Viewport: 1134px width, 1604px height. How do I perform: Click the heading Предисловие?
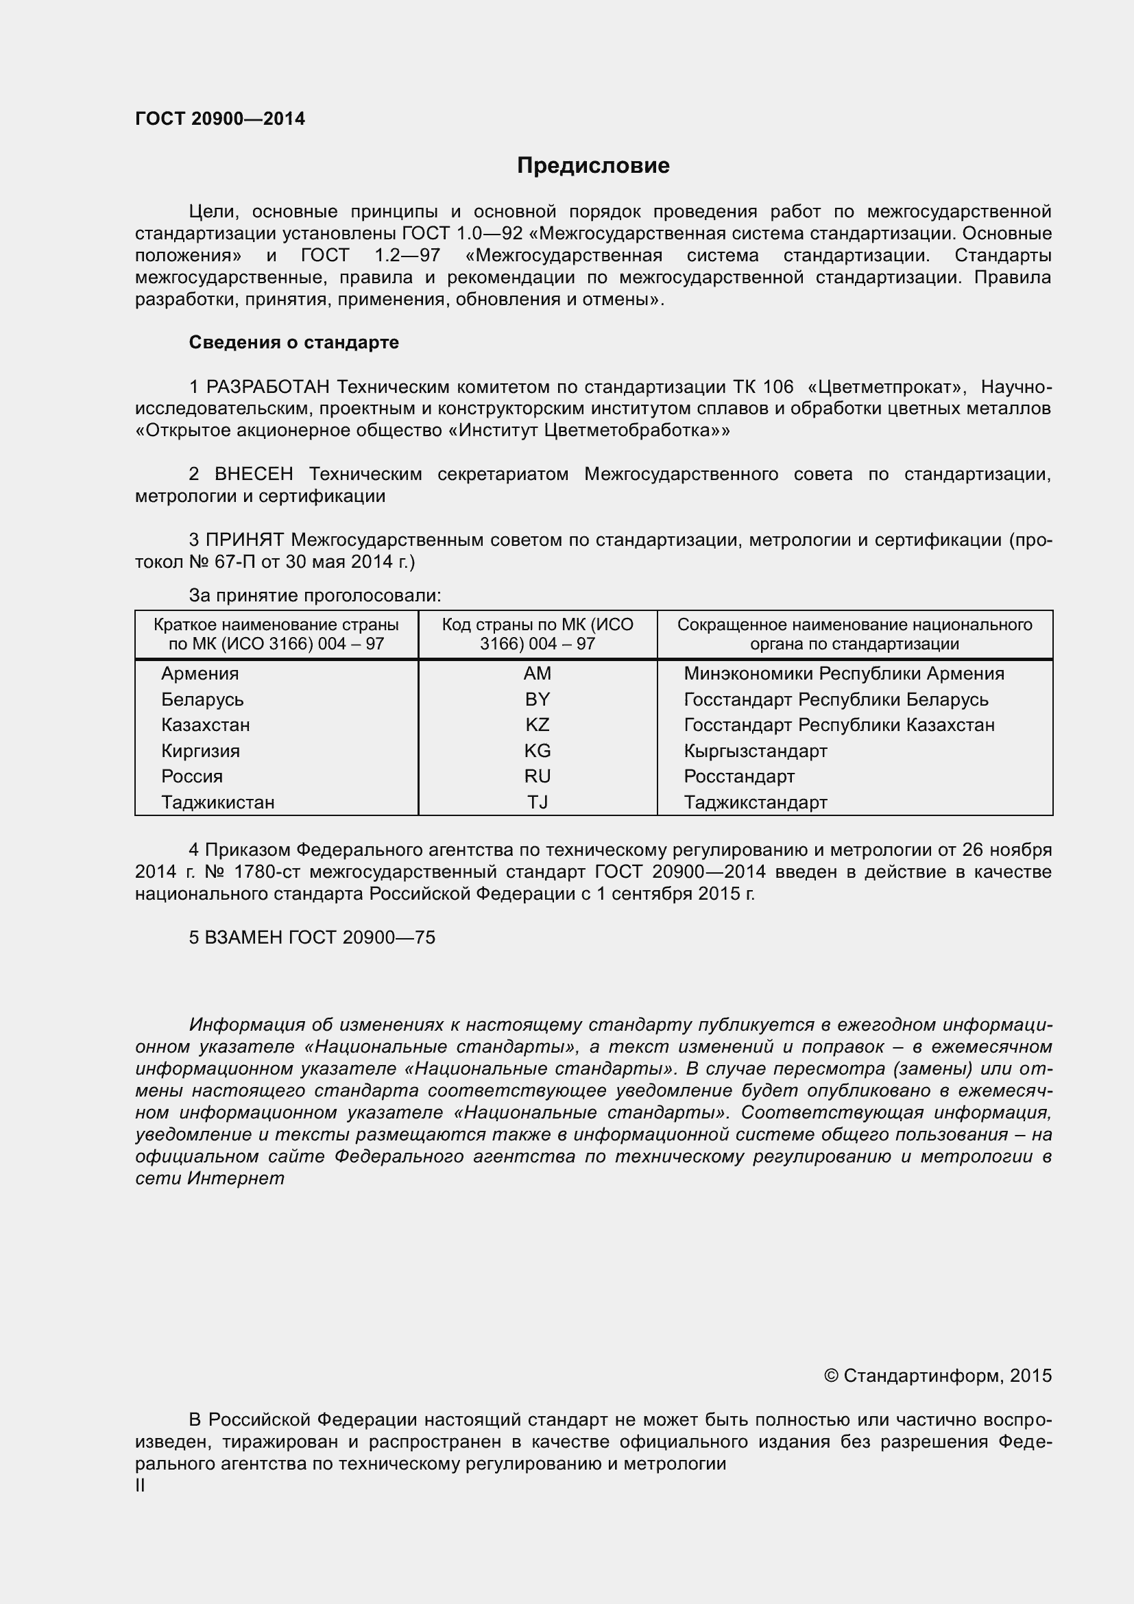coord(593,165)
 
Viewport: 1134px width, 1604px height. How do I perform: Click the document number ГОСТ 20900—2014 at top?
coord(220,119)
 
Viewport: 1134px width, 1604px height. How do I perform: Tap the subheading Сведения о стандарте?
coord(294,342)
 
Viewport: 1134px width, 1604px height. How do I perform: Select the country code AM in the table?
coord(537,673)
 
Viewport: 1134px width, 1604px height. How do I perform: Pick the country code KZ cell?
coord(537,724)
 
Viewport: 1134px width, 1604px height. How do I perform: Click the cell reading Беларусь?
coord(202,699)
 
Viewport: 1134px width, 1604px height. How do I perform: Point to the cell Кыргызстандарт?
coord(755,751)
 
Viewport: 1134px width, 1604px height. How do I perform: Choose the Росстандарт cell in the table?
coord(739,776)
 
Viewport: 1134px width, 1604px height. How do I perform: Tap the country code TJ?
coord(537,802)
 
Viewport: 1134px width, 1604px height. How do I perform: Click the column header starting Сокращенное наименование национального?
coord(854,634)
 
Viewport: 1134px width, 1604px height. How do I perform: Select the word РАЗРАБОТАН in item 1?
coord(268,387)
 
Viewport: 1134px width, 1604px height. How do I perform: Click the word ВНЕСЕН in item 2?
coord(254,475)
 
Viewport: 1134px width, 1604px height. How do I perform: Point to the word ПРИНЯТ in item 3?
coord(245,540)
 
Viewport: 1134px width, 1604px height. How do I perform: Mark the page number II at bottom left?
coord(141,1486)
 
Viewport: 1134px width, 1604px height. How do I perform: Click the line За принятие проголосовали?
coord(315,596)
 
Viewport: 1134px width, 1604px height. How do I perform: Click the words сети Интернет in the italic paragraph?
coord(210,1179)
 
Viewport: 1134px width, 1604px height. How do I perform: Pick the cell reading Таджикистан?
coord(218,802)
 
